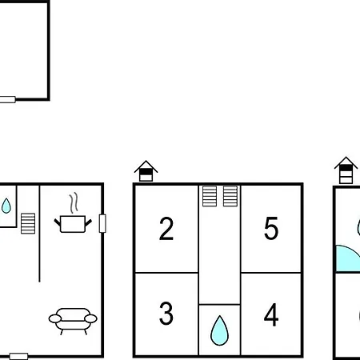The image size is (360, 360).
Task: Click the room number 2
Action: point(166,229)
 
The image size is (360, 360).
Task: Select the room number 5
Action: point(271,228)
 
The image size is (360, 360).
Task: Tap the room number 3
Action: point(166,314)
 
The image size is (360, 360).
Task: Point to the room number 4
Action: point(271,314)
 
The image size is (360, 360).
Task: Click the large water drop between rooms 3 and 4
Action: point(219,330)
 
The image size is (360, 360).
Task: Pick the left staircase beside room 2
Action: point(210,196)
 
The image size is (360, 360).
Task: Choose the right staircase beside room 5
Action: point(230,196)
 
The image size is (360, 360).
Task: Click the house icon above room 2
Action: point(146,171)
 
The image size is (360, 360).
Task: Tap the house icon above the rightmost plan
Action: point(346,170)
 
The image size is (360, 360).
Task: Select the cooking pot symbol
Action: point(73,224)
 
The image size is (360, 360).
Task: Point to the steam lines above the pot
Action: point(74,202)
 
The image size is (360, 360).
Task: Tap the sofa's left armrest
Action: point(55,318)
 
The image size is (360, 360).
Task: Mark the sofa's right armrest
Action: point(90,318)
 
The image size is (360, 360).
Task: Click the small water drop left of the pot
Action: point(6,206)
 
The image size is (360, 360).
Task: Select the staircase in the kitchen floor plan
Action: point(28,223)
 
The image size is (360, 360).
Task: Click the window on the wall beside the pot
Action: point(102,223)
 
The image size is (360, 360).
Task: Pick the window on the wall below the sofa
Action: point(18,356)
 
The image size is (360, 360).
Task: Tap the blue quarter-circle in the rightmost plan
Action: point(346,258)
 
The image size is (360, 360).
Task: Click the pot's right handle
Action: point(88,222)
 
